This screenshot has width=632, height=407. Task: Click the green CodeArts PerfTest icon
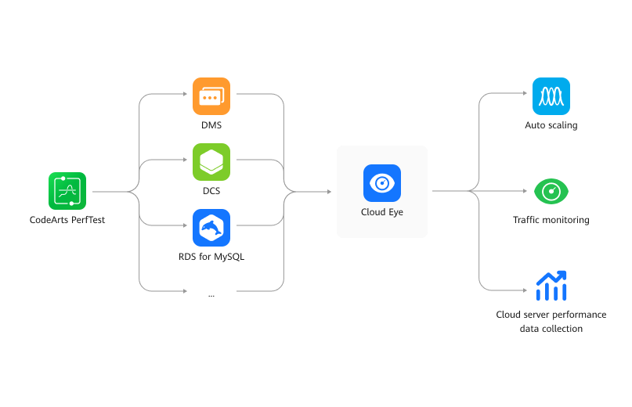point(67,191)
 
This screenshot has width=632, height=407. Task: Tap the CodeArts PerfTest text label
point(67,220)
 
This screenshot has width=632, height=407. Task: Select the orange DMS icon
point(211,96)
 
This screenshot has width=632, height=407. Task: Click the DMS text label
point(211,125)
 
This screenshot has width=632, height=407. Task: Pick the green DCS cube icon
point(211,162)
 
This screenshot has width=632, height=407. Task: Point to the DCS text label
point(211,191)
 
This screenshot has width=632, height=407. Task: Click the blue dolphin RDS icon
point(211,228)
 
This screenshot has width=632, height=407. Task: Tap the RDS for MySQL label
point(211,257)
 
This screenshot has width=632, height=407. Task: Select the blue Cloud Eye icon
point(382,183)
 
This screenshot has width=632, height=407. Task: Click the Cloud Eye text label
point(382,212)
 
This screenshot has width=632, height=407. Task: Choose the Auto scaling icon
point(551,96)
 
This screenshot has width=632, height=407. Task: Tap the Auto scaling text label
point(551,125)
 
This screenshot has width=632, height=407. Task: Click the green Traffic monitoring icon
point(551,191)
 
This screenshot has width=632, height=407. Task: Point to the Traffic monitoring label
point(551,220)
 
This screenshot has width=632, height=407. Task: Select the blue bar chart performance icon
point(551,286)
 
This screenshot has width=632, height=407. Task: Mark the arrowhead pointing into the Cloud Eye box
point(329,191)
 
